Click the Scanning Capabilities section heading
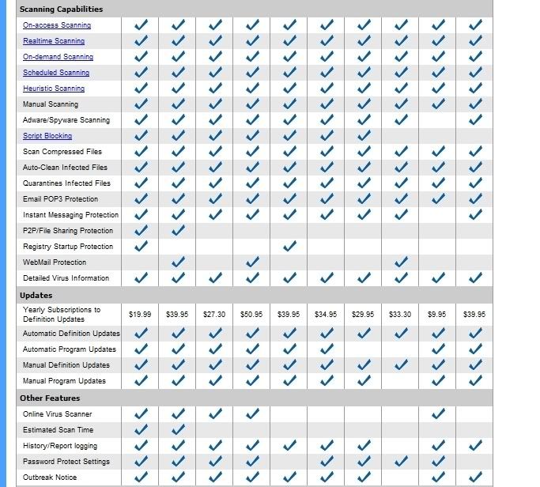pyautogui.click(x=61, y=9)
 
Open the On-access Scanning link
pyautogui.click(x=57, y=25)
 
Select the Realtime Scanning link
pyautogui.click(x=54, y=41)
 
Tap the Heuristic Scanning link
pyautogui.click(x=54, y=89)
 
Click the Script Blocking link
pyautogui.click(x=47, y=136)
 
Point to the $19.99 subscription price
pyautogui.click(x=140, y=315)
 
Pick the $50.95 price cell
pyautogui.click(x=251, y=315)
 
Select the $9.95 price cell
pyautogui.click(x=438, y=315)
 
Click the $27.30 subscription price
pyautogui.click(x=214, y=315)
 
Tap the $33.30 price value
pyautogui.click(x=400, y=315)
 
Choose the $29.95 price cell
pyautogui.click(x=363, y=315)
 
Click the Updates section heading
pyautogui.click(x=36, y=296)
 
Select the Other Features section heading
pyautogui.click(x=50, y=398)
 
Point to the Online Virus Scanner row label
pyautogui.click(x=58, y=414)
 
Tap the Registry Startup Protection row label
pyautogui.click(x=68, y=247)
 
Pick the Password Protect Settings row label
pyautogui.click(x=66, y=462)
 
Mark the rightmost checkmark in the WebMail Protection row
pyautogui.click(x=401, y=262)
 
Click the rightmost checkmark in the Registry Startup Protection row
pyautogui.click(x=289, y=246)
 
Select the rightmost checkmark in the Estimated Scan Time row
pyautogui.click(x=178, y=429)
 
